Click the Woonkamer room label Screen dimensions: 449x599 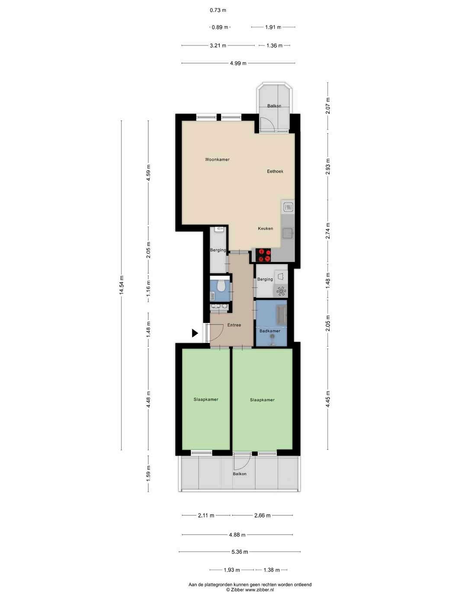click(217, 159)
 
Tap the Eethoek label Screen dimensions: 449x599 click(275, 171)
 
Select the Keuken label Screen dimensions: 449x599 click(265, 229)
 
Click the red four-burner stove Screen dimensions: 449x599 click(263, 255)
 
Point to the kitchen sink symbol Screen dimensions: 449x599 click(288, 233)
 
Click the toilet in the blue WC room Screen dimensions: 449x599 click(221, 286)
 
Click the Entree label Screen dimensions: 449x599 click(234, 325)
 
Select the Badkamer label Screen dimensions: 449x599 click(269, 331)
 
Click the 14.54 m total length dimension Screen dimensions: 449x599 click(122, 285)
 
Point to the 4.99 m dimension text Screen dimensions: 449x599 click(238, 63)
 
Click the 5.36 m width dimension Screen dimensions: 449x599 click(240, 552)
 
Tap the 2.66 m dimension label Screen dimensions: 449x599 click(262, 515)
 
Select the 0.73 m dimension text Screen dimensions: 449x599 click(218, 10)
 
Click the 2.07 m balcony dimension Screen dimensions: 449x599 click(328, 106)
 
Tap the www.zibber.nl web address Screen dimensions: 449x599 click(259, 590)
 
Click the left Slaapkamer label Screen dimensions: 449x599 click(206, 399)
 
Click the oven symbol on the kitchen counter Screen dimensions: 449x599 click(288, 207)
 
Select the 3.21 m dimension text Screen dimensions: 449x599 click(218, 45)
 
